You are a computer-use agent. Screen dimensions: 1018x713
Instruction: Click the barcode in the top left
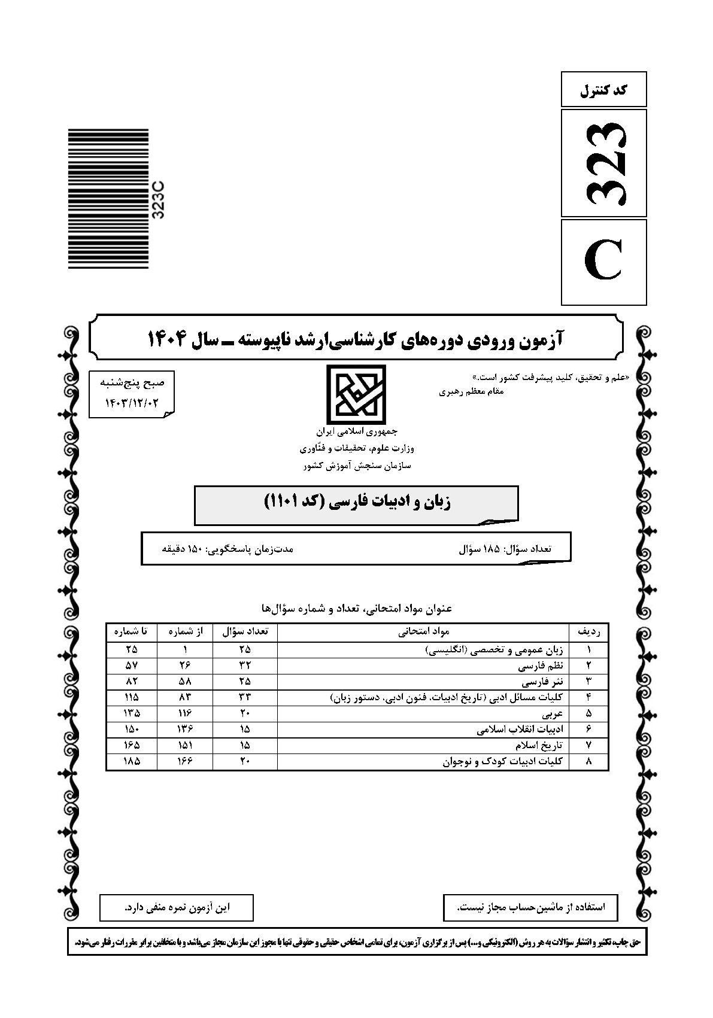coord(108,199)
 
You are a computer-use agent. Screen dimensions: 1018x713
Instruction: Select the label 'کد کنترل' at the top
coord(603,90)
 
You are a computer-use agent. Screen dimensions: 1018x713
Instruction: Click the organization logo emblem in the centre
coord(356,394)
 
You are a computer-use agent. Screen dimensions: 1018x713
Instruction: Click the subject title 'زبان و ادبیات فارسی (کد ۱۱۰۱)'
coord(357,502)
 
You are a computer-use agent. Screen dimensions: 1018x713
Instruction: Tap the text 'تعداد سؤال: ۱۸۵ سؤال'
coord(505,548)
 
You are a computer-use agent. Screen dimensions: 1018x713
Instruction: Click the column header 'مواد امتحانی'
coord(424,631)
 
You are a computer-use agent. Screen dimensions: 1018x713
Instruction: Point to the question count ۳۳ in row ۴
coord(244,697)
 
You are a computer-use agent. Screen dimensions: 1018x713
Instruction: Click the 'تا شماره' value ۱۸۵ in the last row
coord(131,762)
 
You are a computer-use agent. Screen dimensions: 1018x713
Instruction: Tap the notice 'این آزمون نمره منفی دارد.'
coord(177,907)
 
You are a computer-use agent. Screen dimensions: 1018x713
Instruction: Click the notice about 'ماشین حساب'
coord(530,907)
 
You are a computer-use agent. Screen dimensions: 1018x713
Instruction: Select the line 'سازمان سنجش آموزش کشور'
coord(357,465)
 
